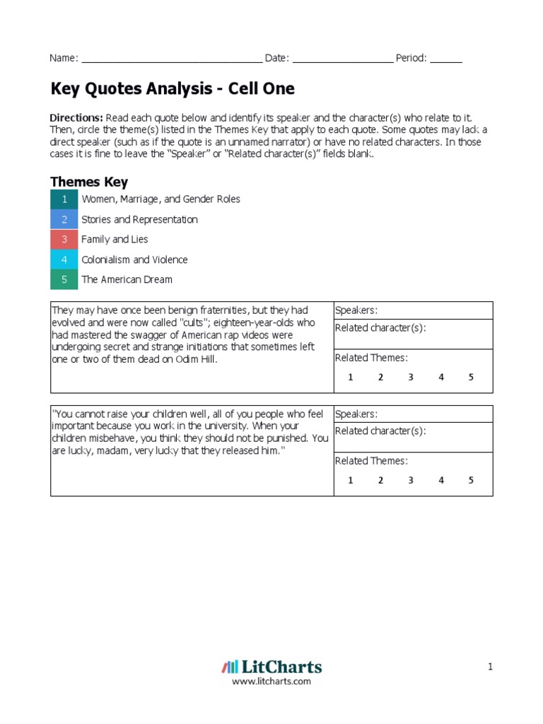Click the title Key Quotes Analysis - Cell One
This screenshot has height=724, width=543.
172,89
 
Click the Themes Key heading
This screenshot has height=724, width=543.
88,182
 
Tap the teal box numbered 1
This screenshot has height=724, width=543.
64,199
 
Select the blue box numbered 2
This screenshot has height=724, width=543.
64,219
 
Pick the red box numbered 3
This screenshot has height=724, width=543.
64,240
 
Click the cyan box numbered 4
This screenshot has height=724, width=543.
64,259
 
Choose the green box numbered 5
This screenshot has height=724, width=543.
64,279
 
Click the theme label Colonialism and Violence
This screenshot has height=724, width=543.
134,259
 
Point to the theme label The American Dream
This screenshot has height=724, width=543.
127,279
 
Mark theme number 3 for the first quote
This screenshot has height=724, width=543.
410,377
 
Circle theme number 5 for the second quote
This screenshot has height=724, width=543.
471,481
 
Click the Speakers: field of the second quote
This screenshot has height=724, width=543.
413,414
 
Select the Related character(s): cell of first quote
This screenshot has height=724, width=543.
413,334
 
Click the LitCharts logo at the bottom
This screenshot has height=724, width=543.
271,667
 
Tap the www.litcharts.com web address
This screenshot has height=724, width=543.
271,682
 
